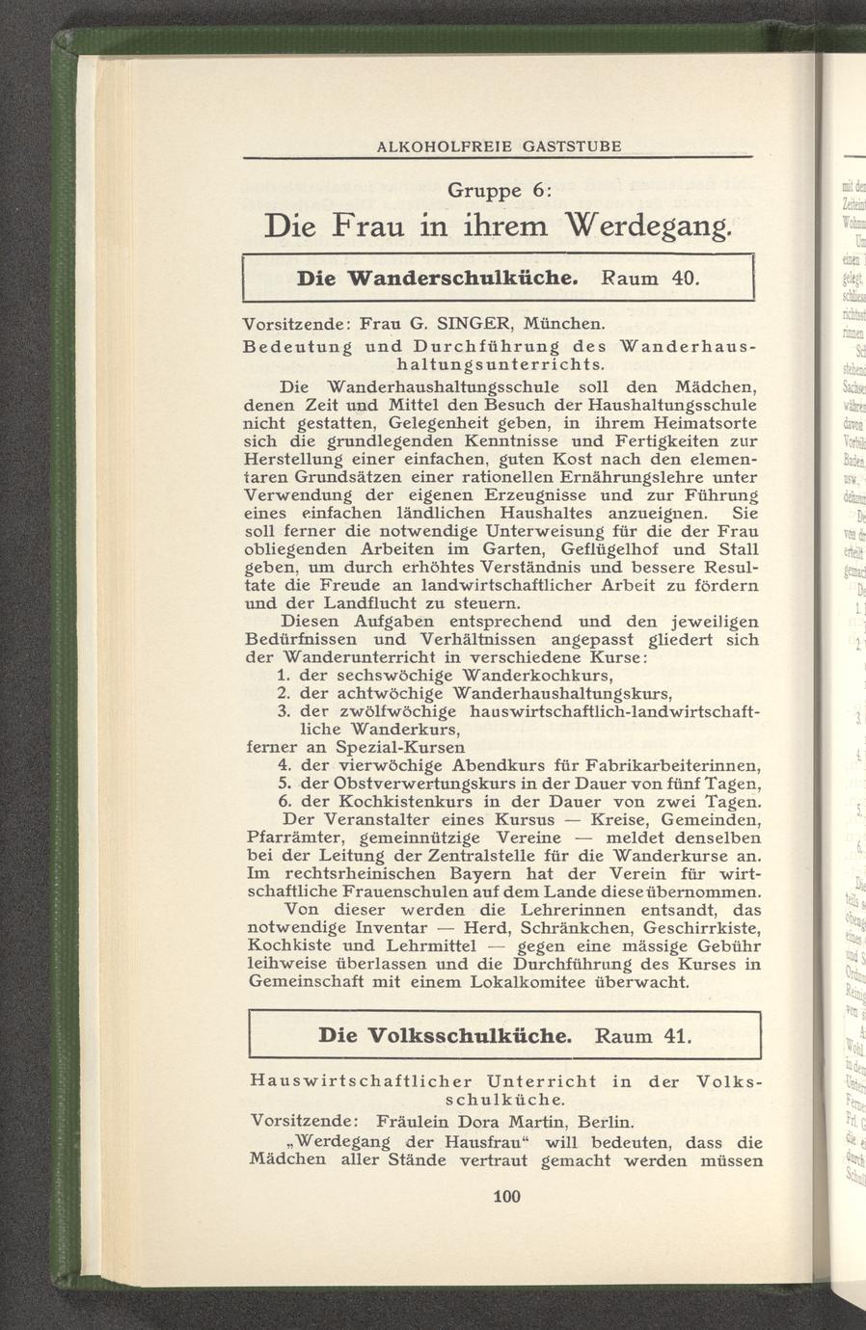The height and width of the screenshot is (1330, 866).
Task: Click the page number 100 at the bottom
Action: coord(505,1197)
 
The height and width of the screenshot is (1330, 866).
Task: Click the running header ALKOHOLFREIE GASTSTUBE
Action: coord(499,146)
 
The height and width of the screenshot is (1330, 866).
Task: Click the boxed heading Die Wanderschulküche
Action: coord(438,279)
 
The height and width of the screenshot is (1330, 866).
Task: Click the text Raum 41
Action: coord(643,1037)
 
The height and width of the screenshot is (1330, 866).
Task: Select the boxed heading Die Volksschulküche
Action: coord(447,1037)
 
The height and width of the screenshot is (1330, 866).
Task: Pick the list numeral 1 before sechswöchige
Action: coord(284,676)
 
